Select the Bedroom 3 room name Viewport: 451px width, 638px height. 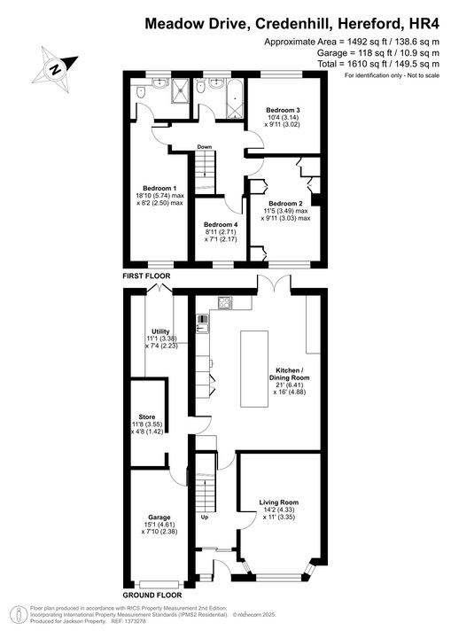click(x=284, y=111)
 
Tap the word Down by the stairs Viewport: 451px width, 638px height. click(x=204, y=147)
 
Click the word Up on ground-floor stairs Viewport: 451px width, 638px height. click(x=206, y=517)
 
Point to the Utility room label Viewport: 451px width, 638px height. click(x=160, y=331)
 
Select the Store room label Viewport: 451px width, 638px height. click(x=147, y=416)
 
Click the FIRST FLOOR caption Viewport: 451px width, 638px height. click(x=146, y=276)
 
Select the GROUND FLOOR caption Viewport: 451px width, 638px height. click(x=152, y=595)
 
